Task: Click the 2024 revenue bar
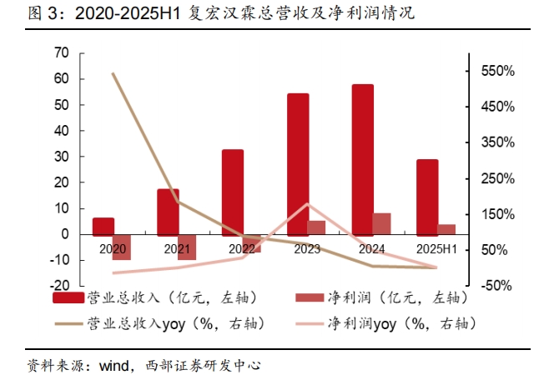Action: point(362,158)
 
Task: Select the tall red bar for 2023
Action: point(298,163)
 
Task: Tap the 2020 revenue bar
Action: point(103,226)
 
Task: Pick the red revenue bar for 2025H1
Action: point(427,197)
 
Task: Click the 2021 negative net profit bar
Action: point(186,247)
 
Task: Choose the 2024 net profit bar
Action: point(381,223)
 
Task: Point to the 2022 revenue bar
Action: point(233,192)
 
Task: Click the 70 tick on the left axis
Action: point(60,52)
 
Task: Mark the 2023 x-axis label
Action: point(307,249)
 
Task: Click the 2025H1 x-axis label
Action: point(436,249)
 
